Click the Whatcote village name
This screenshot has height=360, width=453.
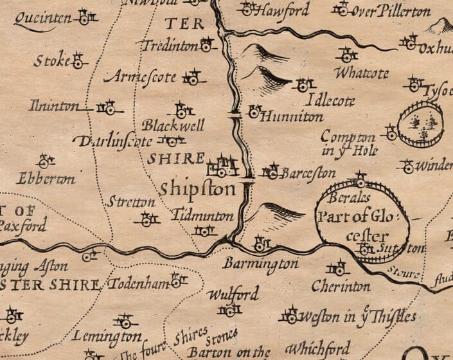[361, 73]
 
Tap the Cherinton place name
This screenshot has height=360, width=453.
[341, 285]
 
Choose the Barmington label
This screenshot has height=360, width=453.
[260, 264]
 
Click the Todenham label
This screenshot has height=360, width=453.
[138, 283]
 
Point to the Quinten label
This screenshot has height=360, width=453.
[42, 19]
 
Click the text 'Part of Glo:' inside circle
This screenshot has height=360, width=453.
[362, 217]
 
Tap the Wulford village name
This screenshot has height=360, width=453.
[233, 295]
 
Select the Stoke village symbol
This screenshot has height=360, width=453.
[78, 62]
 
